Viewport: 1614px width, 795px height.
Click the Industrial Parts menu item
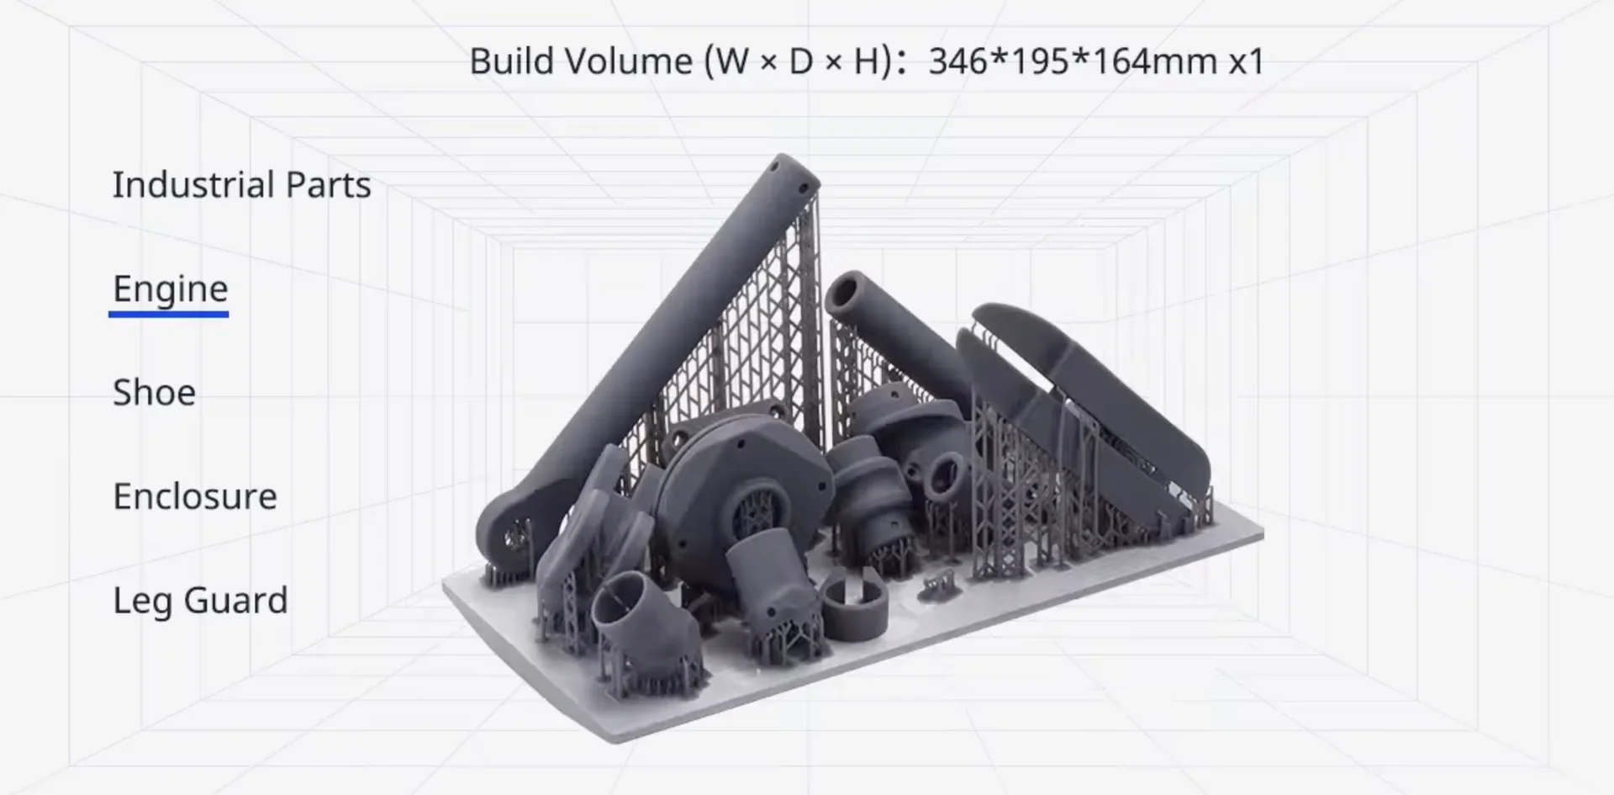[x=241, y=185]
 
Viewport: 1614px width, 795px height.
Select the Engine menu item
[x=170, y=289]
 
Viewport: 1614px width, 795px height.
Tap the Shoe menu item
[x=154, y=393]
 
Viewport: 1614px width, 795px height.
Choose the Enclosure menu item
[x=194, y=496]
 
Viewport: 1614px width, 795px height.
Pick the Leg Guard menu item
[x=200, y=601]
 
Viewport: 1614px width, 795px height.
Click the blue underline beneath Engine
[x=168, y=315]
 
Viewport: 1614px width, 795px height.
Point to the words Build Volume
[x=580, y=61]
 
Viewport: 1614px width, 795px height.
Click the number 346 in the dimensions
[x=958, y=61]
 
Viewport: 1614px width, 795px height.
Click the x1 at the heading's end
[x=1247, y=61]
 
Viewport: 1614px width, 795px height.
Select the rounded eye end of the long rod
[x=509, y=533]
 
